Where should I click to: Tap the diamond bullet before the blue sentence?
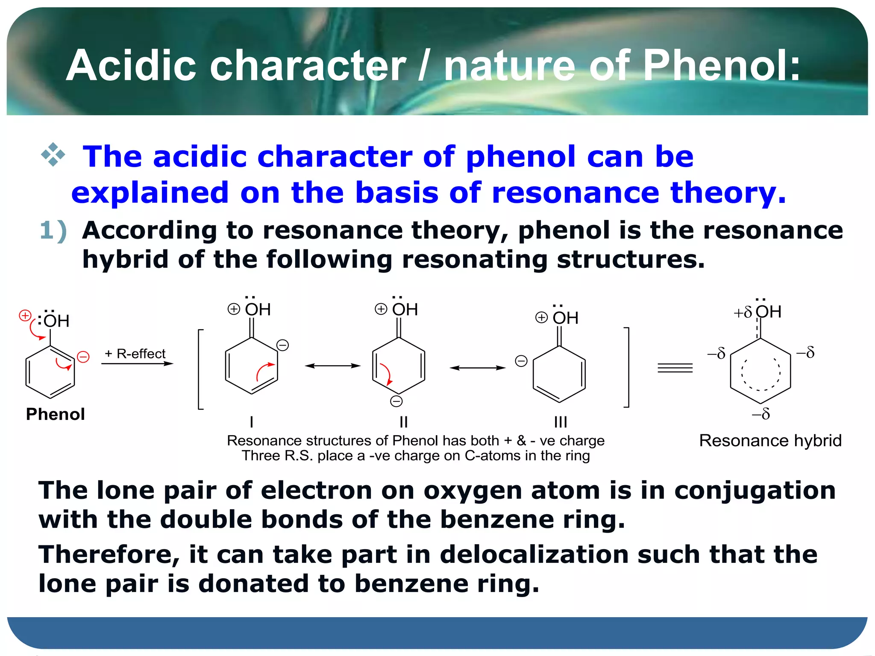click(53, 155)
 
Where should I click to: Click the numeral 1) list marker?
click(53, 231)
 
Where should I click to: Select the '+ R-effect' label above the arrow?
click(135, 354)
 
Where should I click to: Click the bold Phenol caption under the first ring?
click(56, 414)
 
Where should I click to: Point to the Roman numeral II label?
click(403, 422)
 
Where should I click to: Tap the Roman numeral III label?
click(560, 422)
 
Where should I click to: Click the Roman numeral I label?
click(252, 422)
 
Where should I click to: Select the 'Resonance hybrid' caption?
click(770, 440)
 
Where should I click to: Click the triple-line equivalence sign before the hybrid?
click(675, 368)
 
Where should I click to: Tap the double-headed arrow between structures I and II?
click(332, 366)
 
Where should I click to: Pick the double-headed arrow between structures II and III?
click(477, 368)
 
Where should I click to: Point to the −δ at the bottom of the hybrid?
click(761, 414)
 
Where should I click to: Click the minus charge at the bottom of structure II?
click(396, 401)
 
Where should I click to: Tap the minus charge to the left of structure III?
click(521, 361)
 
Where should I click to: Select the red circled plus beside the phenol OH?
click(25, 316)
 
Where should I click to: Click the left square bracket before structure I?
click(200, 369)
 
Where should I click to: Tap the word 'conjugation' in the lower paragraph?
click(755, 490)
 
